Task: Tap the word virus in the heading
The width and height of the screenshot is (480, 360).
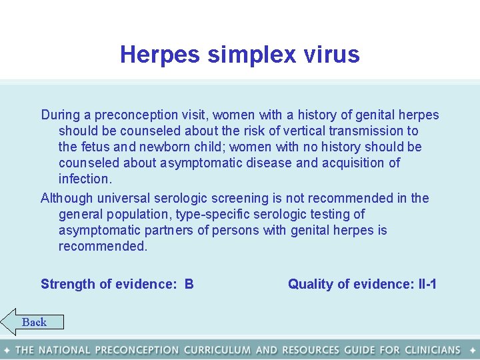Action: coord(332,55)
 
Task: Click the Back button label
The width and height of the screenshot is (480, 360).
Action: coord(34,323)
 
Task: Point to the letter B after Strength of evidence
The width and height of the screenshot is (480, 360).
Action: coord(189,284)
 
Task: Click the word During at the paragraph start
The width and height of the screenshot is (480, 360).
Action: coord(60,115)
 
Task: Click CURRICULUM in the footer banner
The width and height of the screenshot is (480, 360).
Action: coord(217,350)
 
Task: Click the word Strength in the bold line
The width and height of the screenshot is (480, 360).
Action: coord(68,284)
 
